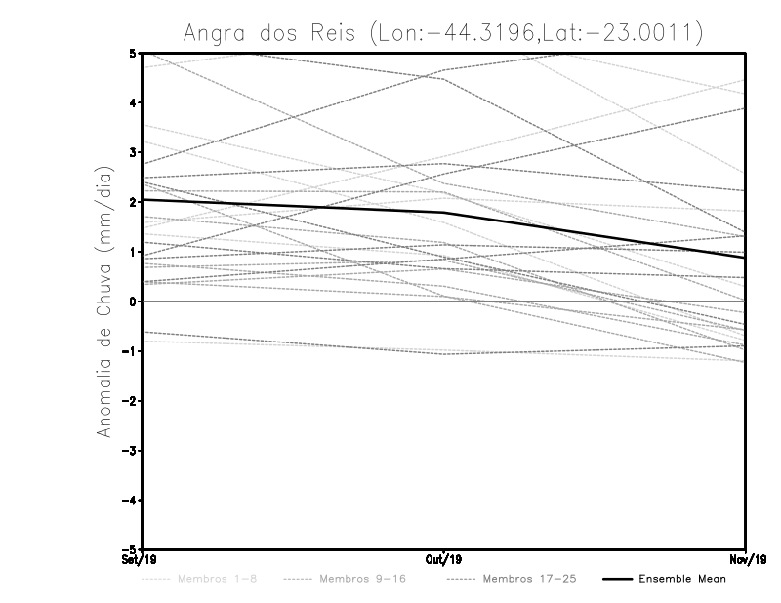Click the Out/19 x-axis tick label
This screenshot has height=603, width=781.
click(443, 559)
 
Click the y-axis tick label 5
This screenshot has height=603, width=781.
click(132, 53)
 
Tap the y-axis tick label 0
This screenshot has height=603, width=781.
click(132, 301)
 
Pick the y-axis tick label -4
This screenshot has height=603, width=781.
click(129, 500)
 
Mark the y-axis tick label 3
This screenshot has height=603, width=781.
click(132, 152)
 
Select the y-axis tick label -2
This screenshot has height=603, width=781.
click(129, 401)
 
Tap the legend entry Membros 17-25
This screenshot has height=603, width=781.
click(529, 579)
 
